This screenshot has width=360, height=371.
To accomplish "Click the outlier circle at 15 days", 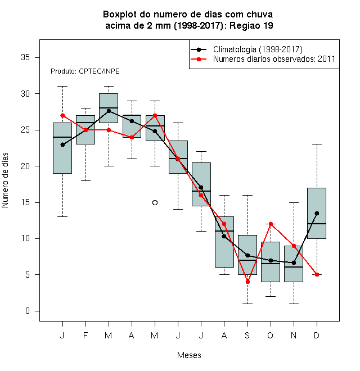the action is click(x=155, y=202).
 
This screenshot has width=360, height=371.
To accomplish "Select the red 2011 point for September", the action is click(x=247, y=282).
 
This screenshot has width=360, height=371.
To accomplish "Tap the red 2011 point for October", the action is click(x=271, y=224).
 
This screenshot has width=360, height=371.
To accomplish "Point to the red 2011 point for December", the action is click(x=317, y=274).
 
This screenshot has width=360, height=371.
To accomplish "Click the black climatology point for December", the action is click(x=317, y=213).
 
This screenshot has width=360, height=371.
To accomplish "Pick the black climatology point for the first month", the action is click(x=62, y=144).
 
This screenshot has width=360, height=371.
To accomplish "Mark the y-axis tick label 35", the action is click(x=25, y=57).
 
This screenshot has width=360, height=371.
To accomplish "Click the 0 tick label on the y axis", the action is click(x=28, y=311).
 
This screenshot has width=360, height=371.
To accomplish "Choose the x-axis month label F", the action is click(x=85, y=335).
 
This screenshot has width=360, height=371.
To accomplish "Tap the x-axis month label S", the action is click(x=247, y=335).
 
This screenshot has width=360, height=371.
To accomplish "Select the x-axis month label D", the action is click(x=317, y=335).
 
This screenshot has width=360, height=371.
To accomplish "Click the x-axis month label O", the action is click(x=271, y=335).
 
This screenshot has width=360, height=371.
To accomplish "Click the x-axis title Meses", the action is click(x=189, y=355).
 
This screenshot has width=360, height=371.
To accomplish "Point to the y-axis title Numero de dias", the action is click(x=5, y=180).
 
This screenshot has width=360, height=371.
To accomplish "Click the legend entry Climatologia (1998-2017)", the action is click(x=258, y=49).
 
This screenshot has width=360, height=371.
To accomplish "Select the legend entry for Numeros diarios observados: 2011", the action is click(x=274, y=59).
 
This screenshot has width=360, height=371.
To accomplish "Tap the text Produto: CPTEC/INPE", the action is click(x=85, y=71).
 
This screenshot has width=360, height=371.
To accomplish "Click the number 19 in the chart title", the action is click(x=268, y=25).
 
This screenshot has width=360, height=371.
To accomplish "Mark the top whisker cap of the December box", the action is click(x=317, y=144).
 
